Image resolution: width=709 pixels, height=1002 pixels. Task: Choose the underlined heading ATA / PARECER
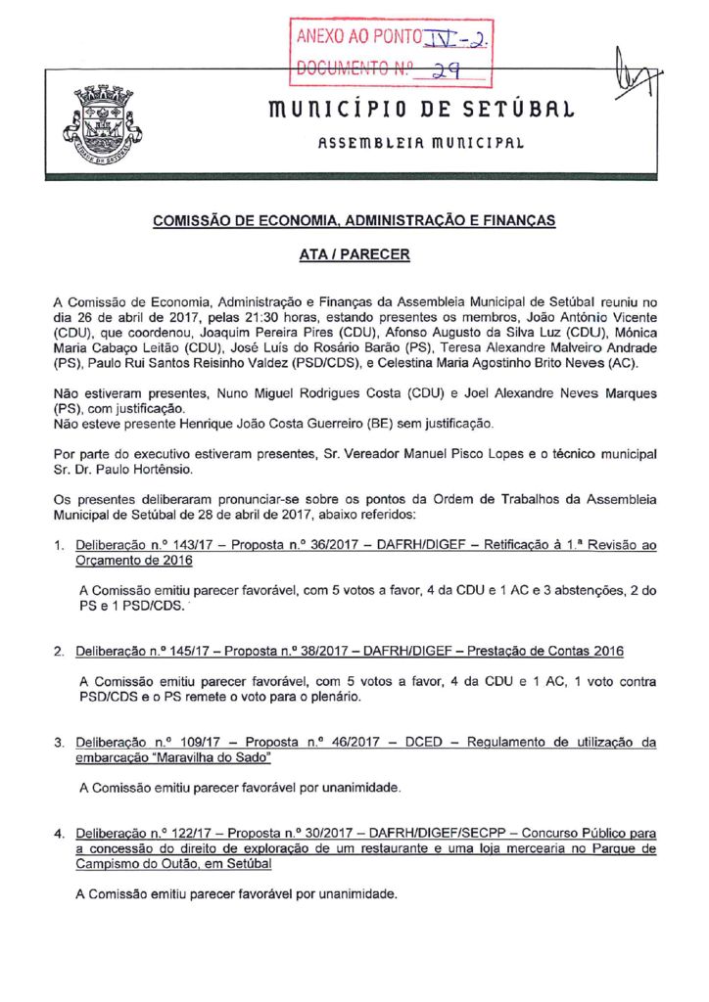(354, 254)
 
